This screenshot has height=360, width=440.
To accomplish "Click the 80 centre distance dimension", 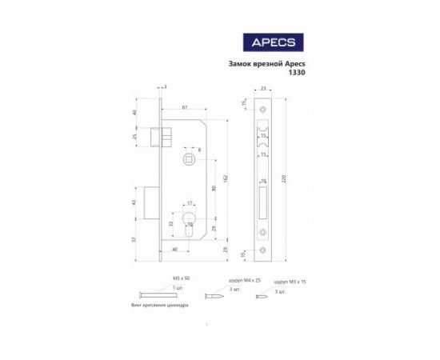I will pos(211,189).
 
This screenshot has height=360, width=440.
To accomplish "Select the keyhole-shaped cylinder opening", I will pos(190,224).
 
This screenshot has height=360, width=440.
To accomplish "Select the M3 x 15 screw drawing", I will pos(262,296).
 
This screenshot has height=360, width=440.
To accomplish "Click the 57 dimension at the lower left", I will pos(134,239).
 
